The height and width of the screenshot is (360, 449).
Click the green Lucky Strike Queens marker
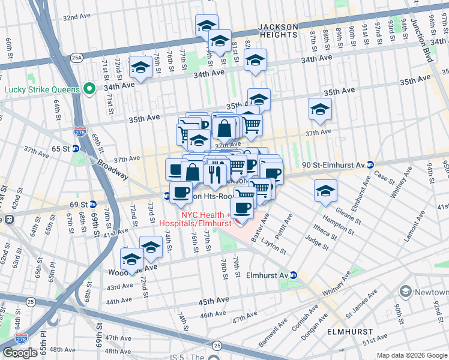click(89, 89)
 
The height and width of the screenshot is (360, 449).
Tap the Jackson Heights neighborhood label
click(277, 31)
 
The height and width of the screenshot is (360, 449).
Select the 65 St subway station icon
click(76, 148)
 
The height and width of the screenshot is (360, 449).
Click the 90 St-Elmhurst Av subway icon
click(371, 164)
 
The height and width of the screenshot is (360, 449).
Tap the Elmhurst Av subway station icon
click(294, 275)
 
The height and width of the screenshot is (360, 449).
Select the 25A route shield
click(76, 58)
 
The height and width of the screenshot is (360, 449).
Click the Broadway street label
click(112, 169)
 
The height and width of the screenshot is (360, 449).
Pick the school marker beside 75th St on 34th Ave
click(140, 68)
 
